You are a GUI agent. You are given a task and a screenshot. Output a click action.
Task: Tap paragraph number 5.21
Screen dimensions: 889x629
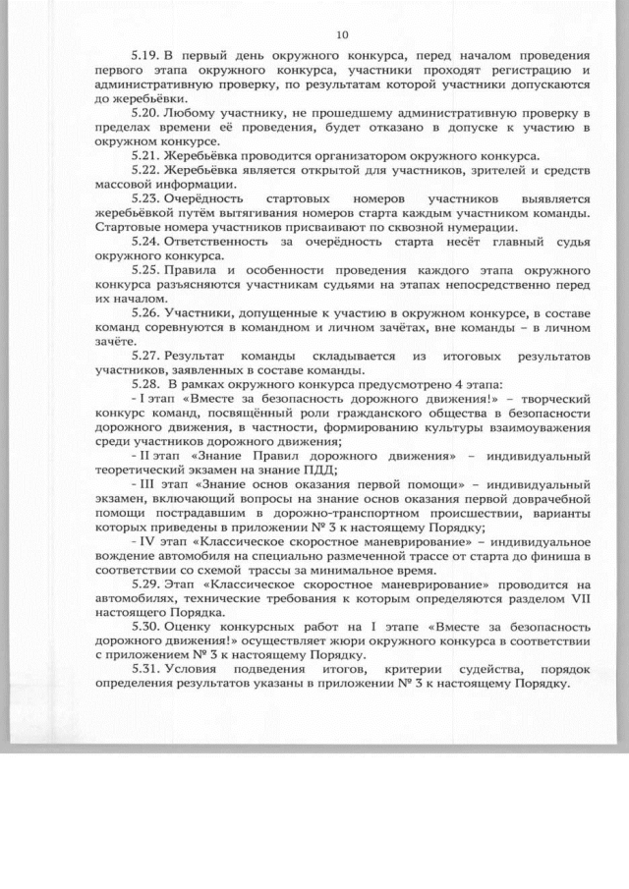click(x=145, y=157)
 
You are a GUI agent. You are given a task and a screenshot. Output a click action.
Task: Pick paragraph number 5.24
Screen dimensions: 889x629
click(x=145, y=240)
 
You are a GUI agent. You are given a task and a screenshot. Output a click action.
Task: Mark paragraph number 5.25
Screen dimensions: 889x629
click(x=145, y=268)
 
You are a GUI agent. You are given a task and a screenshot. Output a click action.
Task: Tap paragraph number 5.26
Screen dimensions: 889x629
click(x=145, y=311)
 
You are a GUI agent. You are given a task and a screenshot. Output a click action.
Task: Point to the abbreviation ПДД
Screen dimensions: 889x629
click(x=293, y=471)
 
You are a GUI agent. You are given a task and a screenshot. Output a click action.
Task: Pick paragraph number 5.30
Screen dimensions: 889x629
click(x=145, y=627)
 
